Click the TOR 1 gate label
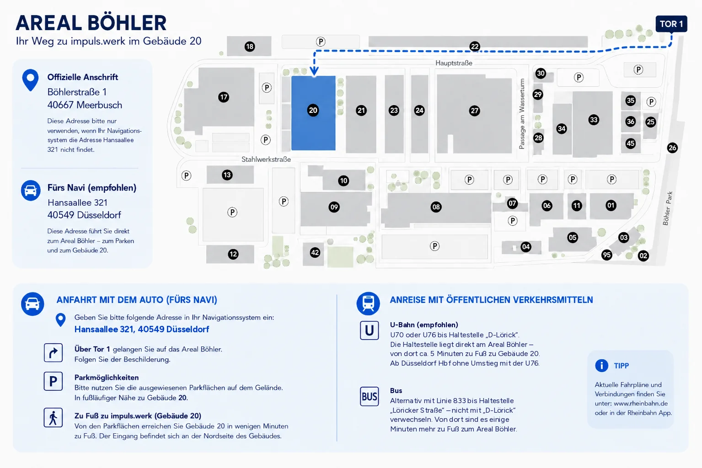[x=671, y=24]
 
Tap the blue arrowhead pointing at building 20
[x=314, y=71]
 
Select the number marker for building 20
[x=313, y=110]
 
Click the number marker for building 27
[x=474, y=111]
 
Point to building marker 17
[x=224, y=97]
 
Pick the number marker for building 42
[x=315, y=252]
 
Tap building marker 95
[x=607, y=255]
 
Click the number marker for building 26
[x=672, y=148]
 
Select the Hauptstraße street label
[x=454, y=63]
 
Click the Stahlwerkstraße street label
[x=266, y=160]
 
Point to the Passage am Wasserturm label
[x=522, y=114]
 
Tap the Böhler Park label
[x=668, y=208]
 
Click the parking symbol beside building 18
[x=320, y=42]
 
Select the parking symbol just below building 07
[x=512, y=221]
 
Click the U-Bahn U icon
[x=369, y=330]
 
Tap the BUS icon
[x=369, y=397]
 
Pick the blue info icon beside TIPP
[x=601, y=366]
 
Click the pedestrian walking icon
[x=53, y=418]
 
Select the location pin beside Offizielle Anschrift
[x=30, y=80]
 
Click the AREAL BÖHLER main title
[x=91, y=23]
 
